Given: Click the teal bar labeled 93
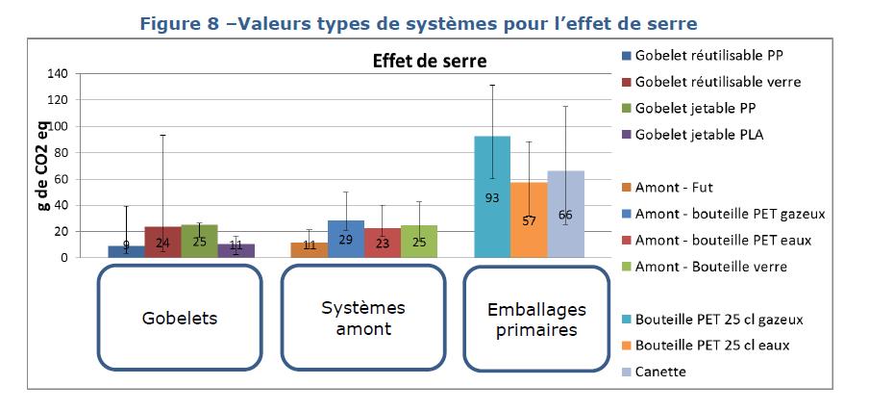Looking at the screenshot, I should coord(491,197).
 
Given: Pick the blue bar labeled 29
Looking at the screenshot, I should coord(346,239).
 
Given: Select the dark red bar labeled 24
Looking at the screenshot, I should coord(161,243).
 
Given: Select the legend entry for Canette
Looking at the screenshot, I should coord(662,372).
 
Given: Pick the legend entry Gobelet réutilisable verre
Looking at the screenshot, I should coord(717,82).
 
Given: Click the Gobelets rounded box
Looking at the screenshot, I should coord(178,318).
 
